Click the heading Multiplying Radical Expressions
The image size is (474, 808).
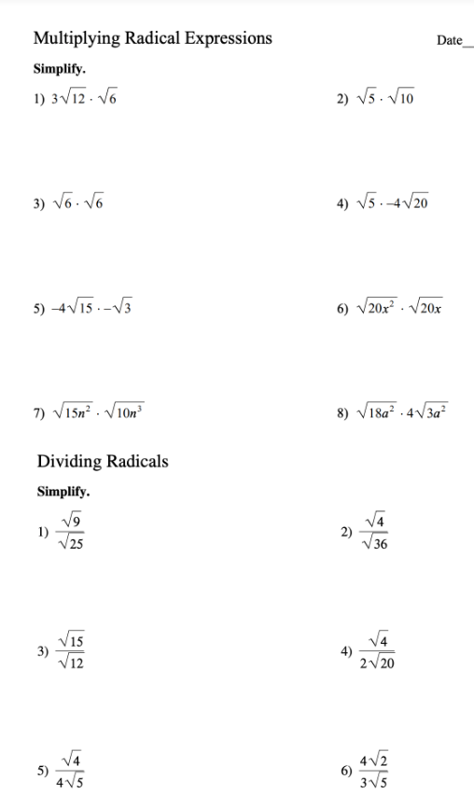[153, 39]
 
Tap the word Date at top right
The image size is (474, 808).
[449, 41]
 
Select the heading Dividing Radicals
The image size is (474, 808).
[103, 461]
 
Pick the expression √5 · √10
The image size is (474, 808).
[383, 97]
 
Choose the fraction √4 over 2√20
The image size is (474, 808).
[378, 651]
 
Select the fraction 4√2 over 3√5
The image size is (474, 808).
[378, 771]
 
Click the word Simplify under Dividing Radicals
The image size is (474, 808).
[63, 491]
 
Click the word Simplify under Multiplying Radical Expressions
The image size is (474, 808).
[60, 69]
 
